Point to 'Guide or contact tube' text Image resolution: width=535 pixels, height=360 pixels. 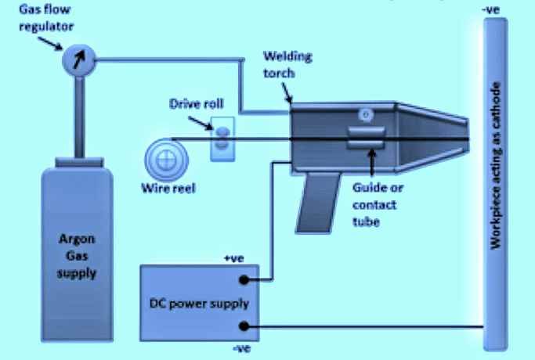click(375, 205)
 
